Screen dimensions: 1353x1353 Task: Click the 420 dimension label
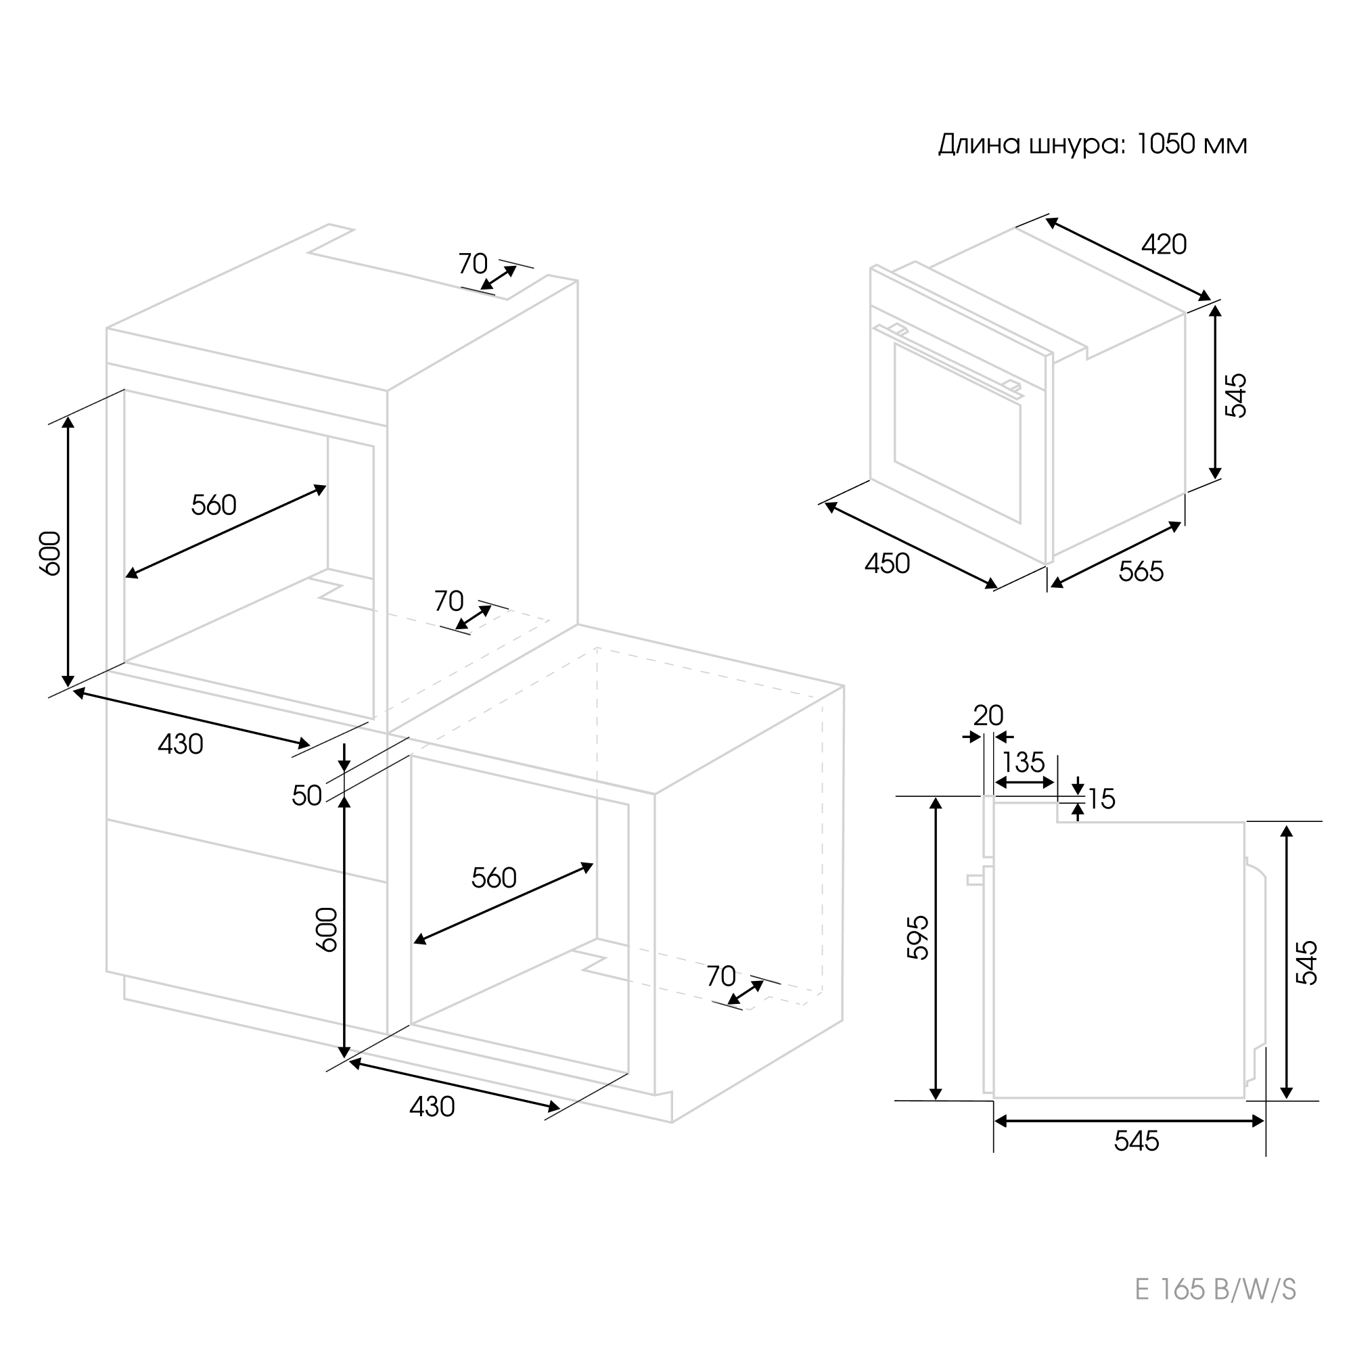pos(1164,244)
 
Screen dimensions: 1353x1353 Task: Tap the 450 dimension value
pos(888,564)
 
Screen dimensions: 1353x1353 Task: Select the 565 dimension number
pos(1141,572)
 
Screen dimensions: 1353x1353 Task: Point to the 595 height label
pos(918,937)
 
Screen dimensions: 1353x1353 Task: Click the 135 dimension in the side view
pos(1023,762)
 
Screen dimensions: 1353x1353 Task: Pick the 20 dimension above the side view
pos(988,716)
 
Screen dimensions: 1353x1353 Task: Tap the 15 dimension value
pos(1101,799)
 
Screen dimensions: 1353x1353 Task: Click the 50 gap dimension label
pos(306,796)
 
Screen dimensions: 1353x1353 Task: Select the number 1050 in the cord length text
pos(1165,144)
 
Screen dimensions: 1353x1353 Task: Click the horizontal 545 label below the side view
pos(1137,1141)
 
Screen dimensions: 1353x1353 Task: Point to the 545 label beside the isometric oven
pos(1236,396)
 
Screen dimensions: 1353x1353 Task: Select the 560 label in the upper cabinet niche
pos(214,505)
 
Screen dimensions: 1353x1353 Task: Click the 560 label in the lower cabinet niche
pos(494,877)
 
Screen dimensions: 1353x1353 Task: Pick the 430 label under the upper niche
pos(181,744)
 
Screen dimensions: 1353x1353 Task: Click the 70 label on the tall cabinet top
pos(473,264)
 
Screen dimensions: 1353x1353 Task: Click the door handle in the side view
pos(975,880)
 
